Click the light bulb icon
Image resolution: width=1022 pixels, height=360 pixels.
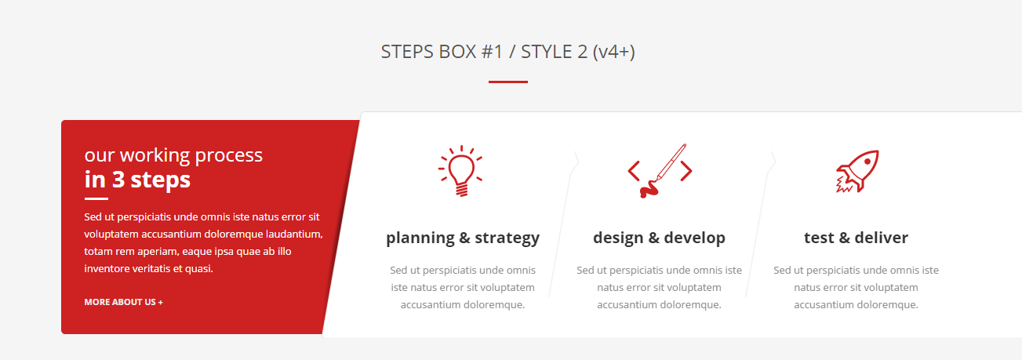click(x=461, y=171)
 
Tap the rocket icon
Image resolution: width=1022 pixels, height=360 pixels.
click(x=857, y=171)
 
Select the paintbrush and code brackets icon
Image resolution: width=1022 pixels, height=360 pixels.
click(x=660, y=171)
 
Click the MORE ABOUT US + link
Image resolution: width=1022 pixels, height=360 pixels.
click(x=123, y=302)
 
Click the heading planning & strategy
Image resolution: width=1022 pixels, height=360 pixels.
click(x=463, y=238)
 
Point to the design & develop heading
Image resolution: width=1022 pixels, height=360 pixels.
click(x=660, y=238)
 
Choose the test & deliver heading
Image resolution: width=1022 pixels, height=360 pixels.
click(x=856, y=238)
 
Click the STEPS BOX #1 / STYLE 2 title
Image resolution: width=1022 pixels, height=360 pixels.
click(x=507, y=52)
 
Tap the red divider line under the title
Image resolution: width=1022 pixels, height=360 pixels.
click(x=507, y=82)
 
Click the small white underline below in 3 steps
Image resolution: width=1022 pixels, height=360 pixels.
click(x=96, y=198)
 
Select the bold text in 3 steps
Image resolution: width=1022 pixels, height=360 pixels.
click(x=137, y=180)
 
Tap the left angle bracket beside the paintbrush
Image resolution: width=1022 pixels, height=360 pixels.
click(x=633, y=171)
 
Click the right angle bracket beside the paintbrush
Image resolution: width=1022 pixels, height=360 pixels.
click(x=686, y=171)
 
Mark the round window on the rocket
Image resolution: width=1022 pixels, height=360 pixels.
click(x=867, y=162)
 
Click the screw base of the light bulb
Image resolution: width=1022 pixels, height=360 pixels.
click(x=462, y=189)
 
